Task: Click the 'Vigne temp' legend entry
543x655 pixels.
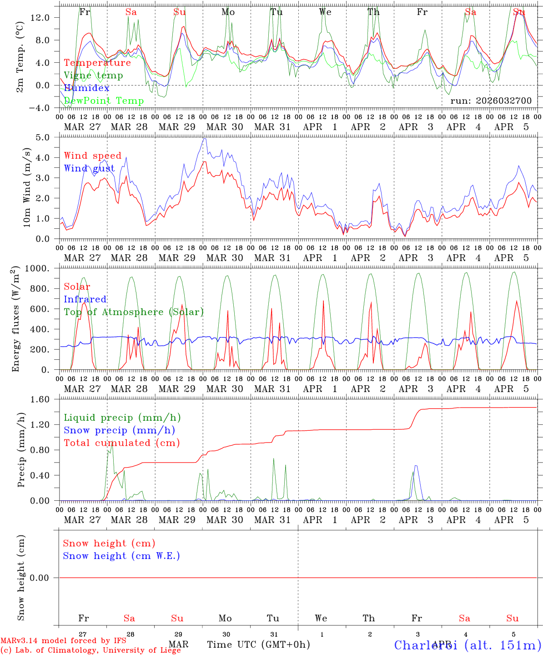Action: click(93, 76)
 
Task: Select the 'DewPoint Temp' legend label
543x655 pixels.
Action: click(104, 101)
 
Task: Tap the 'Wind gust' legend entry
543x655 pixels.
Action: click(89, 168)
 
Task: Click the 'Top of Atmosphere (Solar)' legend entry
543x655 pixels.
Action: click(134, 312)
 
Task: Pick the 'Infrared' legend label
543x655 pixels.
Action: click(85, 299)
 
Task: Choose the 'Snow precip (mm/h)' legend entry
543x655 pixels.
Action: click(119, 430)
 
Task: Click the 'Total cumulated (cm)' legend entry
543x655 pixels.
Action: click(121, 443)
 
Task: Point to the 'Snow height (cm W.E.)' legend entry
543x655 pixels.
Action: click(121, 556)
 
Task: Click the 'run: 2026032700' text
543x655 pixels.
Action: click(491, 101)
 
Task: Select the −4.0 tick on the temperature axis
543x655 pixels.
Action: click(39, 108)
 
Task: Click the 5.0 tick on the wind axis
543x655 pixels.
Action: click(45, 137)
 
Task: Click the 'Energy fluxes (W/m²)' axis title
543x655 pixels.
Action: click(16, 319)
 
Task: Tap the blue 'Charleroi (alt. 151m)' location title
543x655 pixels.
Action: click(468, 645)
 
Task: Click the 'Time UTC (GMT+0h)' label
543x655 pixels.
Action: click(258, 645)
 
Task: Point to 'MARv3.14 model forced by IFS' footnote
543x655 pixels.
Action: click(63, 641)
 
